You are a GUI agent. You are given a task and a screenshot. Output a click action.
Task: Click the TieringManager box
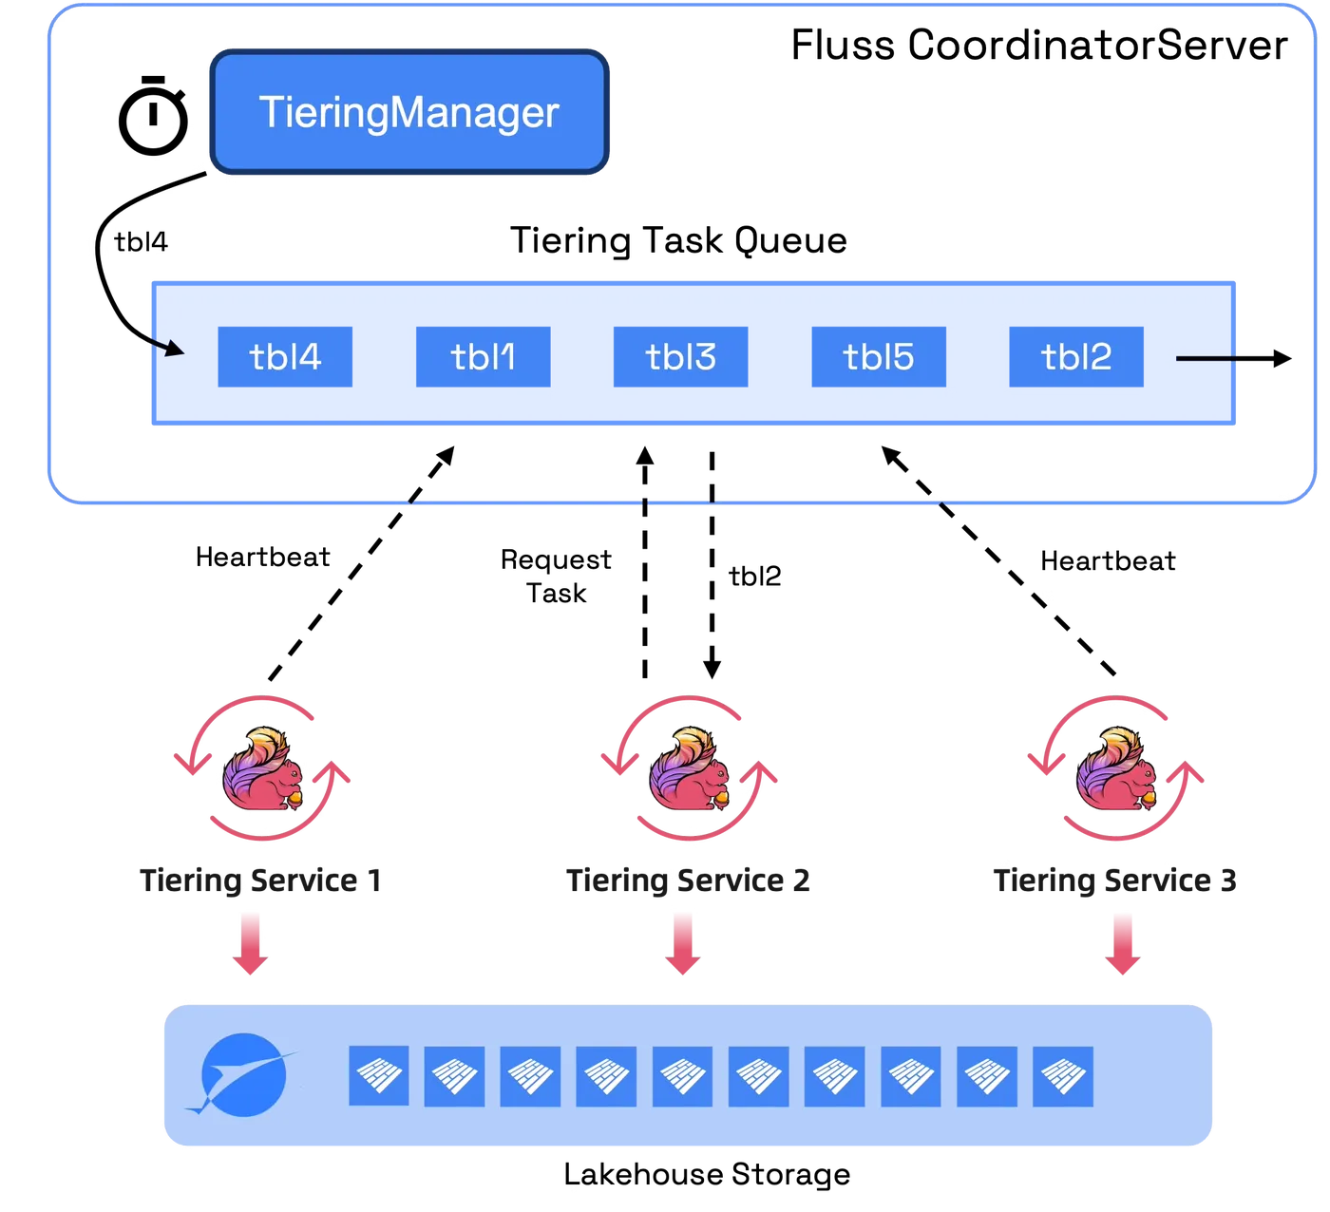coord(408,111)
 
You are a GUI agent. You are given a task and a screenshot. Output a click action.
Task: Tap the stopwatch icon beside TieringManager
coord(153,115)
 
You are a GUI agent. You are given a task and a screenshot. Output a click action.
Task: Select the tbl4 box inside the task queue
coord(284,356)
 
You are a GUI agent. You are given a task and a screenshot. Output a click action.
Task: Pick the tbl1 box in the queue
coord(483,356)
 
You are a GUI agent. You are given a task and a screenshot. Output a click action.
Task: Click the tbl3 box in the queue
coord(680,356)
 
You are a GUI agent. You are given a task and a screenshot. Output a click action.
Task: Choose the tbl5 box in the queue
coord(879,356)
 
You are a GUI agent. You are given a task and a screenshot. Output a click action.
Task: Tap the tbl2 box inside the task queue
coord(1076,356)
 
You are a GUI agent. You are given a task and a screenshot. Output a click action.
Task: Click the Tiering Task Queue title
coord(678,240)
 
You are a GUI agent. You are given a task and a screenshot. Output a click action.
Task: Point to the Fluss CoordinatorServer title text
coord(1039,45)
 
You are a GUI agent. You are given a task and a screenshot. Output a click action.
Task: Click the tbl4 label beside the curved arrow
coord(141,241)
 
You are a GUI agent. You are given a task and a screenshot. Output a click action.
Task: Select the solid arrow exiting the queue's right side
coord(1233,358)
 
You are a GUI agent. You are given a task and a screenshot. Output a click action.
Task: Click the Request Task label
coord(556,576)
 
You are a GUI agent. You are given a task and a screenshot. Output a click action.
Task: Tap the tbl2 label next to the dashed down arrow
coord(754,576)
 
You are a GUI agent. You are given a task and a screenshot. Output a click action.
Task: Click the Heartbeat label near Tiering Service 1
coord(262,557)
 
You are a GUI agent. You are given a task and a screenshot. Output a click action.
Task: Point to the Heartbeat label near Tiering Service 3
coord(1108,560)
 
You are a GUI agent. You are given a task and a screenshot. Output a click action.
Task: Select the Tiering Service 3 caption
coord(1114,880)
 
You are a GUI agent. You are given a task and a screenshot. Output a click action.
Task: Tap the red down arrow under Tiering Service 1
coord(250,943)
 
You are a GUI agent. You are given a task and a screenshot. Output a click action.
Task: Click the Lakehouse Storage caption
coord(707,1174)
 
